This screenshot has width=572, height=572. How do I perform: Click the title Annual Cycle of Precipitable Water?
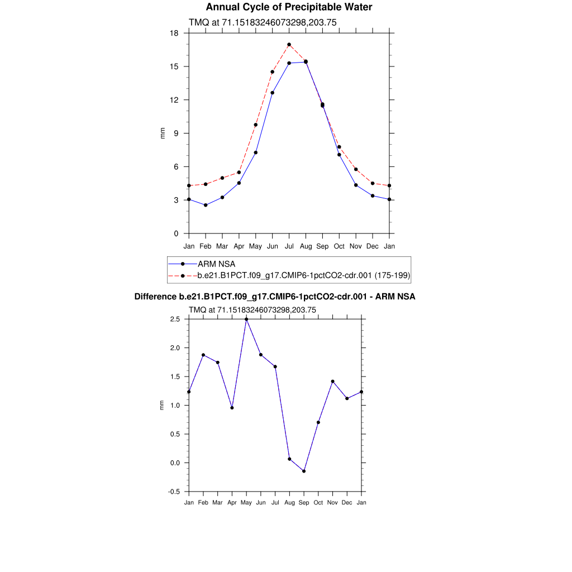coord(289,7)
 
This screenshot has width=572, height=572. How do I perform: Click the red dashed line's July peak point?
coord(289,45)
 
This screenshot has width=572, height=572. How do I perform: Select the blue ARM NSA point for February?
coord(206,205)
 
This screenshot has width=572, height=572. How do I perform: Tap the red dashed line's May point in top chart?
coord(255,125)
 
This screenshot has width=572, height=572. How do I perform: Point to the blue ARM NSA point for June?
coord(272,93)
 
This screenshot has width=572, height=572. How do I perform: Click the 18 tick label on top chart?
coord(174,33)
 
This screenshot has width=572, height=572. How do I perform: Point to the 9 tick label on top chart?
coord(176,134)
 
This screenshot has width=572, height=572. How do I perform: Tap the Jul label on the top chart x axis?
coord(289,246)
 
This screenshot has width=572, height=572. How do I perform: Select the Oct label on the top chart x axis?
coord(339,246)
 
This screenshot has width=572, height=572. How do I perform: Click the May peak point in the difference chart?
coord(246,319)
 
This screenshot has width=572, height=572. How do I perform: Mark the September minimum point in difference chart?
coord(304,471)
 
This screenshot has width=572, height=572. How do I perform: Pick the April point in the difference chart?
coord(232,408)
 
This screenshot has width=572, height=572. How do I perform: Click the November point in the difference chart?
coord(332,382)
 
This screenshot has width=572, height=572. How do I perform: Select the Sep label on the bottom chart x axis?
coord(304,503)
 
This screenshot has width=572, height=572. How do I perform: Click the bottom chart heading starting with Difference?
coord(275,297)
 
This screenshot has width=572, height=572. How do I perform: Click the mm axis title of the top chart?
coord(163,133)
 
